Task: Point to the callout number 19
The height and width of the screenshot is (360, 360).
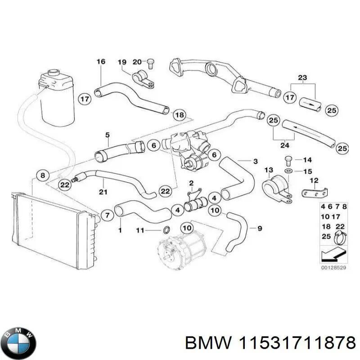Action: [122, 62]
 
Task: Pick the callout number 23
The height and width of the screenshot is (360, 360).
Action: [302, 77]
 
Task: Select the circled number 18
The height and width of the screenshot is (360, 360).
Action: [179, 115]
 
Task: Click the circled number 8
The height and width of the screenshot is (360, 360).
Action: [43, 175]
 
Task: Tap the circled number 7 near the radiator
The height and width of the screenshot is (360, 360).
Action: [107, 216]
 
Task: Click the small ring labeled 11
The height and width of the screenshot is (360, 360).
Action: [165, 230]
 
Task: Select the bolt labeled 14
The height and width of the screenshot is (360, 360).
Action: [288, 160]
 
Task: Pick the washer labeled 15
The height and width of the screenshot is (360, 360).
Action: [288, 171]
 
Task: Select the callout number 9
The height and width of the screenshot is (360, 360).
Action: [259, 229]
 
